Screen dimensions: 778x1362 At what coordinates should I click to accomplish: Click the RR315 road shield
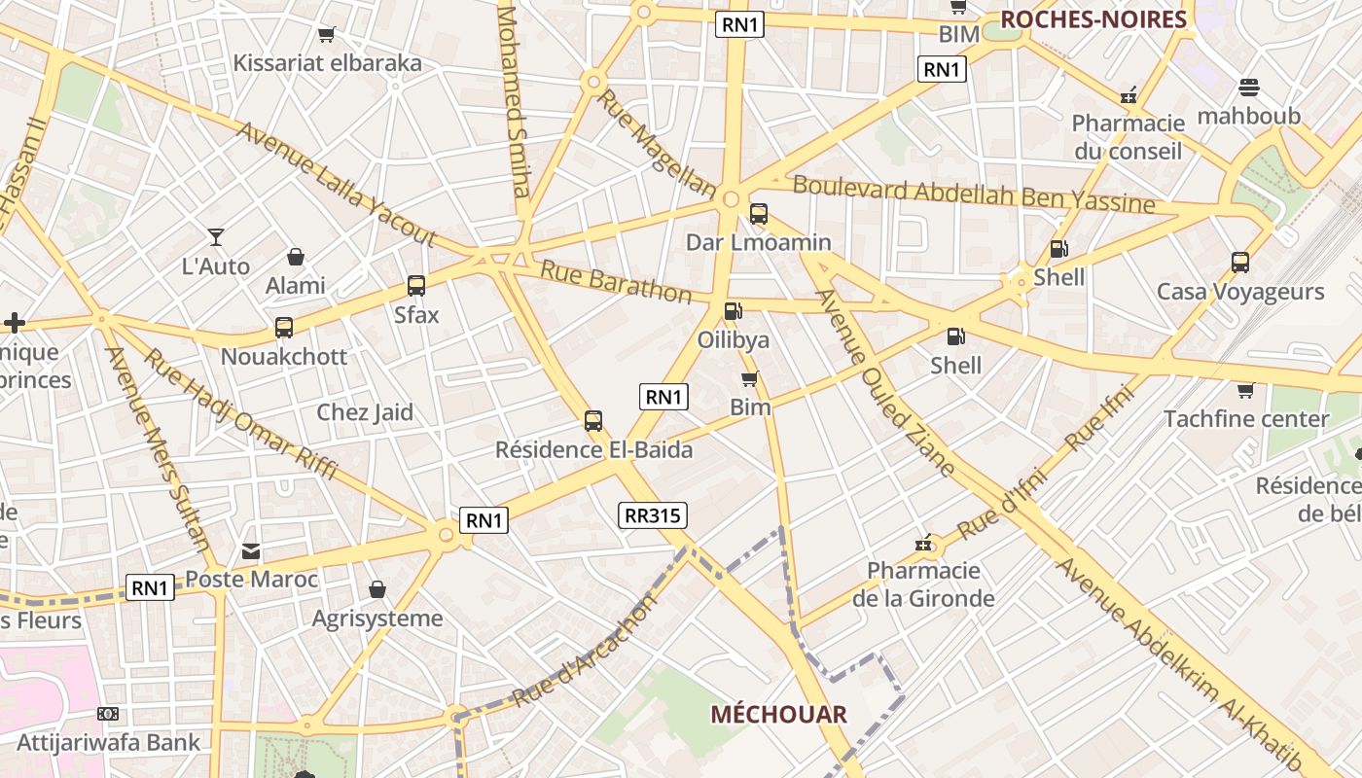tap(652, 515)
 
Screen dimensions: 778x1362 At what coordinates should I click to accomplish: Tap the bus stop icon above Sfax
tap(416, 286)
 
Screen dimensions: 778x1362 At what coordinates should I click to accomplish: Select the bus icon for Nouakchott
tap(284, 328)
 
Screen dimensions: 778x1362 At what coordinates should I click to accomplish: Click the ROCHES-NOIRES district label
tap(1093, 19)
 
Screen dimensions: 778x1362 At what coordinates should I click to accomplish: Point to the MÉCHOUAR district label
tap(778, 715)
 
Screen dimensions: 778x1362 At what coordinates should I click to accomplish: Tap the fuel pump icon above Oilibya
tap(733, 311)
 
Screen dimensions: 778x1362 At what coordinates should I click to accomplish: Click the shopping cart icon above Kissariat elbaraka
tap(327, 35)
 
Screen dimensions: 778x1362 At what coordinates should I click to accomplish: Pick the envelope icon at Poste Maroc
tap(251, 551)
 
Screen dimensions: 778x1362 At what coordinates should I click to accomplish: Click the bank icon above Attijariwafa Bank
tap(108, 714)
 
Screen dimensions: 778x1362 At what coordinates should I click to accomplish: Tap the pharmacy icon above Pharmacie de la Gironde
tap(923, 543)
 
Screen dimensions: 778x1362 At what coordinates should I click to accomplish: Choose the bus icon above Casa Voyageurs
tap(1240, 263)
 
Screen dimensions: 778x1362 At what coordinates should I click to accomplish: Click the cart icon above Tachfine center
tap(1245, 391)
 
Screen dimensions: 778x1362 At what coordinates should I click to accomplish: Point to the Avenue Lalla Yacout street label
tap(336, 185)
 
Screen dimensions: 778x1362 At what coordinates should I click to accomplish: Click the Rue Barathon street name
tap(616, 282)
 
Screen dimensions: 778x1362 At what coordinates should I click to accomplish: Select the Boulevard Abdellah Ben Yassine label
tap(974, 193)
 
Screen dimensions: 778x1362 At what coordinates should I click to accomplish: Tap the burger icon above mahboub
tap(1249, 88)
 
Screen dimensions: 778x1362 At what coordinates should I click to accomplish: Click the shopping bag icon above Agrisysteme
tap(377, 589)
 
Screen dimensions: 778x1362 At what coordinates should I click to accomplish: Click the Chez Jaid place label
tap(365, 412)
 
